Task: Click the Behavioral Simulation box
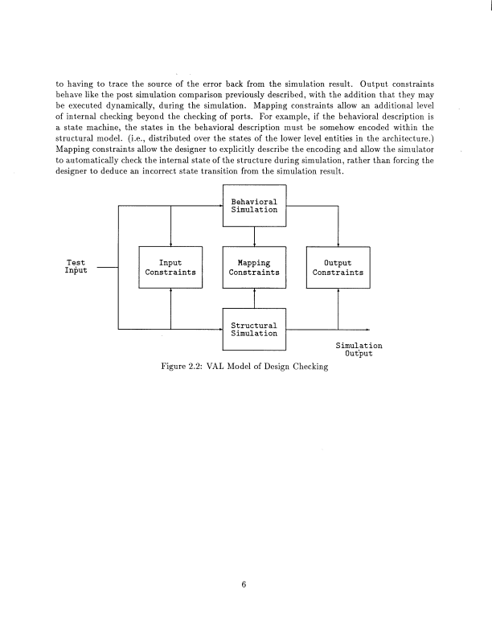(x=254, y=205)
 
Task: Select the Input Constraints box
(x=170, y=267)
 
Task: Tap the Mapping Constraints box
(x=254, y=267)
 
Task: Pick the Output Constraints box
(x=338, y=267)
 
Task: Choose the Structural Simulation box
(x=254, y=329)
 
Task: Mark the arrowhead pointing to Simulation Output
(x=367, y=329)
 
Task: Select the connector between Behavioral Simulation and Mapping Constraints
(x=254, y=236)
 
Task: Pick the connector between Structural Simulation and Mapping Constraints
(x=254, y=298)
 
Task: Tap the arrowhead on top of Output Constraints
(x=338, y=244)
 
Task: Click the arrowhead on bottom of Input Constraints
(x=170, y=291)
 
